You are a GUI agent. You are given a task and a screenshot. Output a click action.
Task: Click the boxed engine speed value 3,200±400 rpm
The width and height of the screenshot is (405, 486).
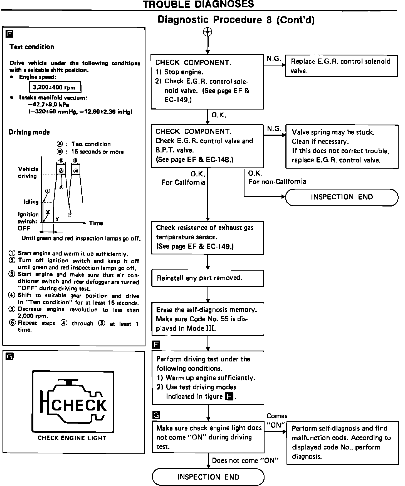point(55,88)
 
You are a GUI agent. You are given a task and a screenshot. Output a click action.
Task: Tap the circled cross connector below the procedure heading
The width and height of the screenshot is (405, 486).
point(208,32)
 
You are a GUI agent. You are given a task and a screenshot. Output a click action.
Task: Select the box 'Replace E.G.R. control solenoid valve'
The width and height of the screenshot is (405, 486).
point(341,66)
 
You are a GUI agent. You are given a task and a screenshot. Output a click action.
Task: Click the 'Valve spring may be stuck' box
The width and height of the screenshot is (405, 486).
point(342,146)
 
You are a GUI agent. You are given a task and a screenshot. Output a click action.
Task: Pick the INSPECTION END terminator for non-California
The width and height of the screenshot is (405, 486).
point(342,197)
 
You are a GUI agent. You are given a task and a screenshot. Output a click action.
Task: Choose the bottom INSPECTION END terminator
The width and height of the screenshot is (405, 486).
point(208,477)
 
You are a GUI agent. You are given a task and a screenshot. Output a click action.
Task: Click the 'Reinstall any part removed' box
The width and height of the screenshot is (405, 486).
point(208,278)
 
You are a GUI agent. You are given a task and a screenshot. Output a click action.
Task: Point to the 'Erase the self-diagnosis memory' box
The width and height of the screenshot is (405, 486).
point(208,319)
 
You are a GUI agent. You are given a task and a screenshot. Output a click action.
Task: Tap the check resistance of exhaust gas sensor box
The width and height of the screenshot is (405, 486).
point(208,237)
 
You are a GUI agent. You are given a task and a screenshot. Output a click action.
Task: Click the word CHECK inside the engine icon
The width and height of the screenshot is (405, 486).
point(79,405)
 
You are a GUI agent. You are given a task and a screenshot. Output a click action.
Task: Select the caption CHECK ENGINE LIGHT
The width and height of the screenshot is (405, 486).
point(72,438)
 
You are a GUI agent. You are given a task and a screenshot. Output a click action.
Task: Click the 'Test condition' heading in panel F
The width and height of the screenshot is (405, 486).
point(32,47)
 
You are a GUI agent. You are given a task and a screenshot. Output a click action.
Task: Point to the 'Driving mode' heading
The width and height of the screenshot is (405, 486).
point(29,132)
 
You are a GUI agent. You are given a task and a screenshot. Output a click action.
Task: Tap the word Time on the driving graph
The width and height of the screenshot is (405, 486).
point(96,223)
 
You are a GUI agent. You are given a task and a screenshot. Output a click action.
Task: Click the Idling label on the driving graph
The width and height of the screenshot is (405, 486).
point(31,201)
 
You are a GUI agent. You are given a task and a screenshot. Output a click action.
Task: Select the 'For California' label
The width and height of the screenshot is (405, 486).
point(183,183)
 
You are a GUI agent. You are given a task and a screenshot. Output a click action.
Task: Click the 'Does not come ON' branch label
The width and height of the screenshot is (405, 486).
point(245,460)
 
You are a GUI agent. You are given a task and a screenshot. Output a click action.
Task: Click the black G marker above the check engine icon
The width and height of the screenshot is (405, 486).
point(10,357)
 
